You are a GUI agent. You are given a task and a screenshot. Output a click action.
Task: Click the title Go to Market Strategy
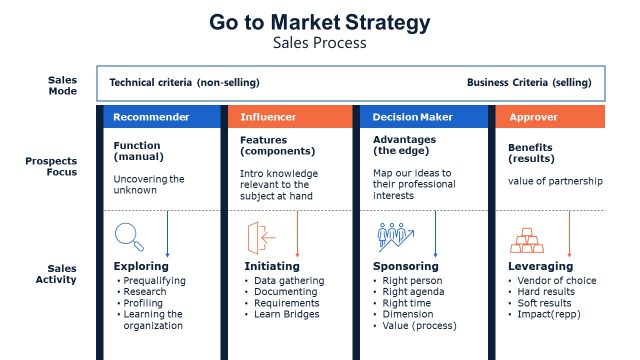320,22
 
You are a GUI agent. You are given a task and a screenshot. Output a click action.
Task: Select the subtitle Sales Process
320,43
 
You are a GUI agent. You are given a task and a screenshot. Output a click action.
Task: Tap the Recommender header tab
151,117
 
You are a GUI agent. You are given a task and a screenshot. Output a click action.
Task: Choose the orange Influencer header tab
269,117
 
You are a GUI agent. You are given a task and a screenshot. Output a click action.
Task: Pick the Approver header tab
533,117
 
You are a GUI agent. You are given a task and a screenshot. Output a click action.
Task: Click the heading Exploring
141,266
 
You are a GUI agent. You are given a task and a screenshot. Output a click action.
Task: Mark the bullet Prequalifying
158,280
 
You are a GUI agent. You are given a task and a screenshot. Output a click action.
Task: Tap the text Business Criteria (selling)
528,82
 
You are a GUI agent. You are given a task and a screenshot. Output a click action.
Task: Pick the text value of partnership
555,180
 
